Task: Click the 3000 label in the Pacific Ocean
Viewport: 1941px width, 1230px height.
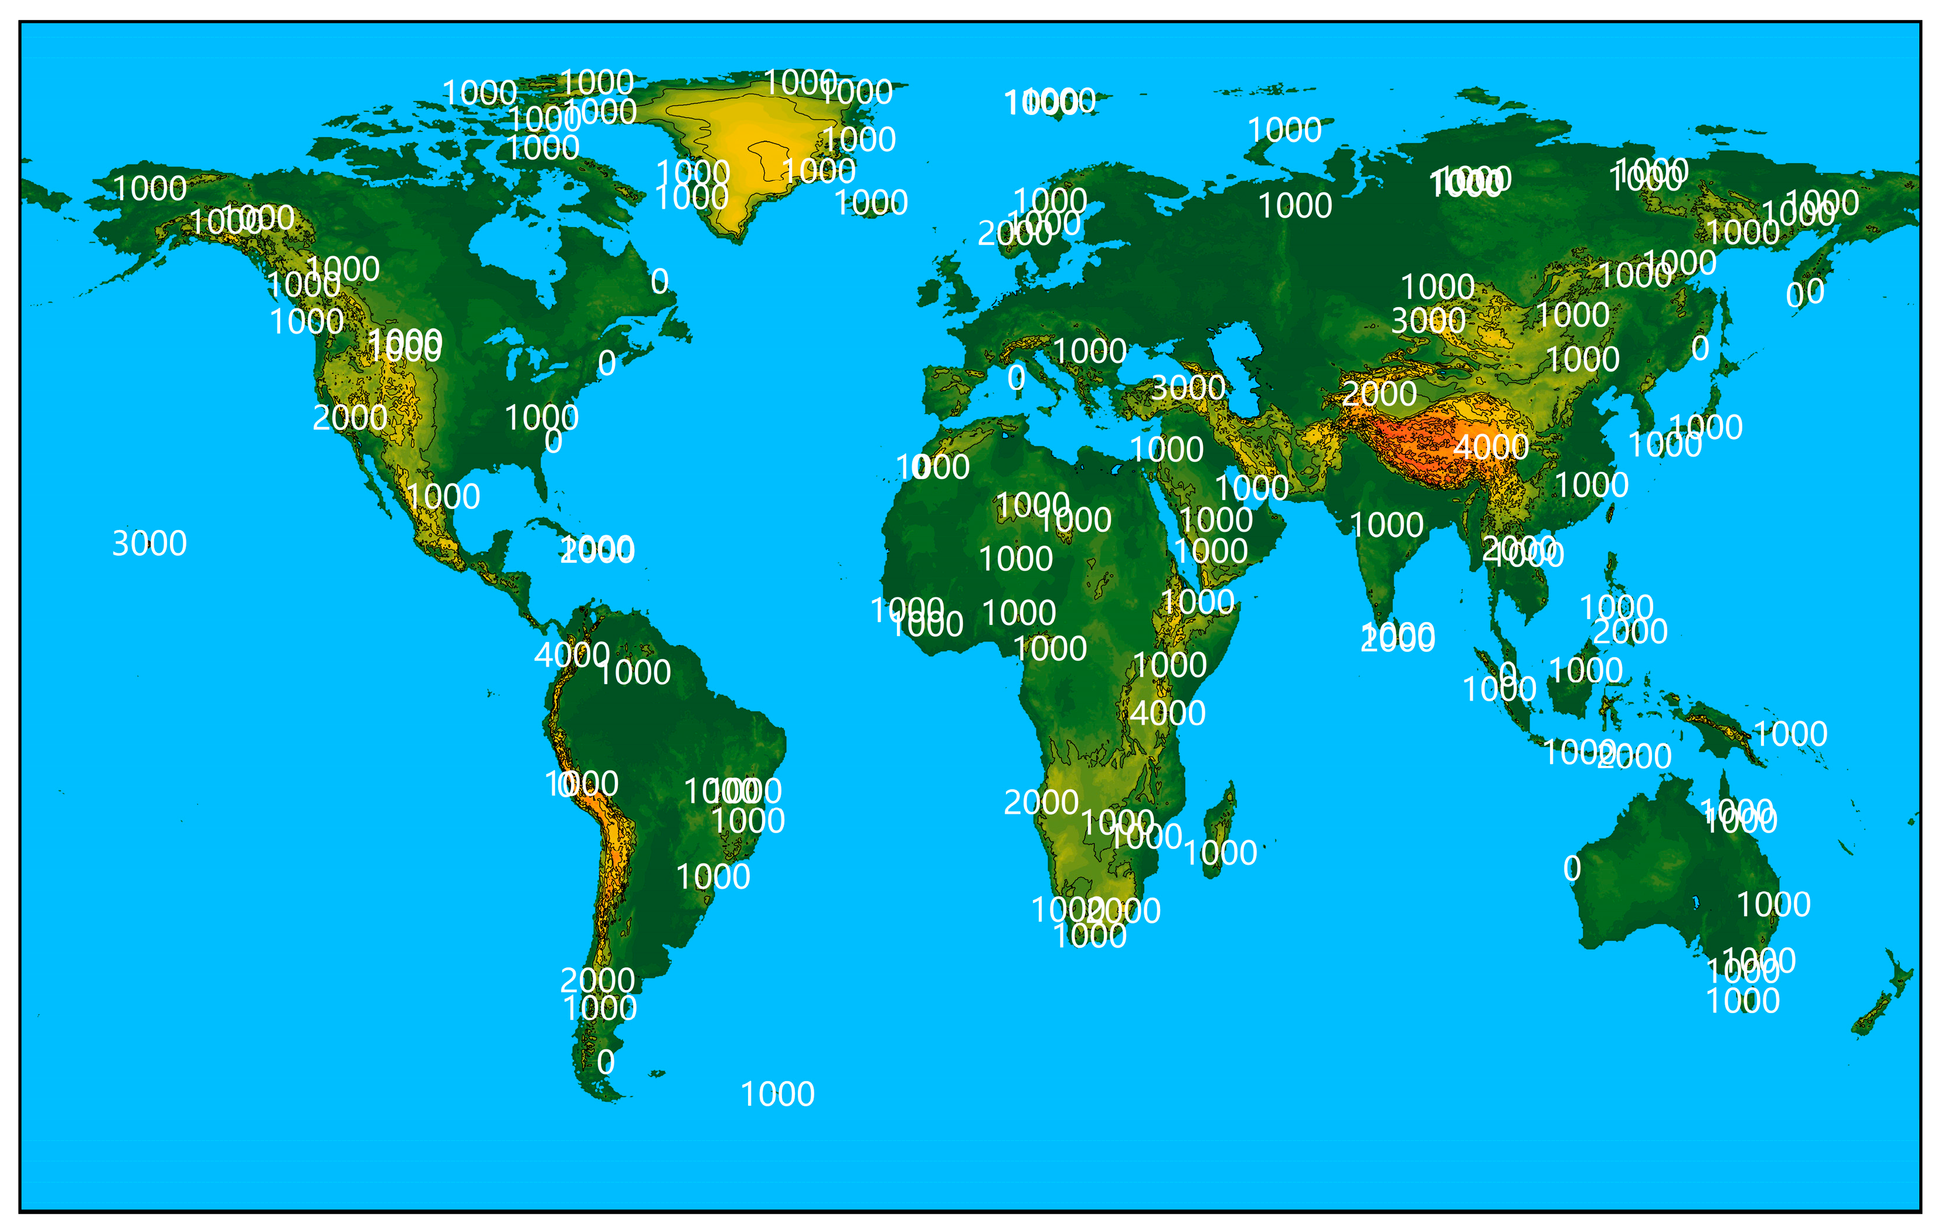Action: pos(149,544)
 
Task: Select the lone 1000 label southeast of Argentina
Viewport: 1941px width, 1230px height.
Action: pos(777,1095)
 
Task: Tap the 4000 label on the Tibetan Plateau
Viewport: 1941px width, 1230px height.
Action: pos(1490,447)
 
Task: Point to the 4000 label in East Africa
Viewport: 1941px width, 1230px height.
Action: pos(1167,713)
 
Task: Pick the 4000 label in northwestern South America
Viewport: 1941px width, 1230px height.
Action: pos(572,654)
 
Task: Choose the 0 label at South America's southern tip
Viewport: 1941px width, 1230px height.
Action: pos(606,1062)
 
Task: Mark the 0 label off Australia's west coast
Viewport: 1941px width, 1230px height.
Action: pos(1572,869)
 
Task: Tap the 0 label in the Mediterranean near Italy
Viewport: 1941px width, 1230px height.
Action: pos(1017,377)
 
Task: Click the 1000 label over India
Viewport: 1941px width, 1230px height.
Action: pos(1386,525)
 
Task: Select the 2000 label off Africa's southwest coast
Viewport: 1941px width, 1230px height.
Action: pos(1041,803)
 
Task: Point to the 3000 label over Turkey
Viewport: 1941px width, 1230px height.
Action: pos(1187,389)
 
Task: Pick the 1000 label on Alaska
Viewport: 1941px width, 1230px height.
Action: pos(150,189)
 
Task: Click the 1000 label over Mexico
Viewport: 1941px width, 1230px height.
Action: pos(443,497)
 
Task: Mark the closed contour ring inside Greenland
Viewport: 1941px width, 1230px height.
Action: pos(770,153)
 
